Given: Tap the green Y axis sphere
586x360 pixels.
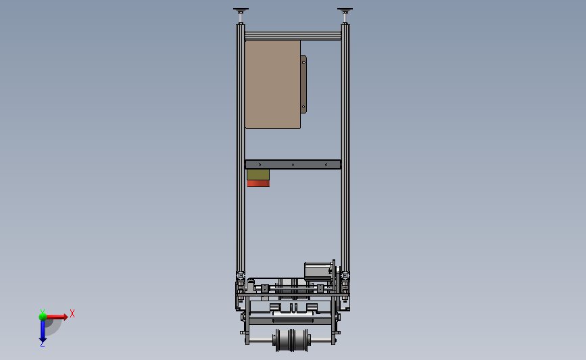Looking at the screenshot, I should click(43, 315).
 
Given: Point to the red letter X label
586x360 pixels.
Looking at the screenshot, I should click(72, 313).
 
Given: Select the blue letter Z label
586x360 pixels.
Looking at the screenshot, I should click(42, 344).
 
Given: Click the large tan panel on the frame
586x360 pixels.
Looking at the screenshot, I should click(272, 84).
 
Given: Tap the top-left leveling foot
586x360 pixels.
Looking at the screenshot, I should click(240, 11).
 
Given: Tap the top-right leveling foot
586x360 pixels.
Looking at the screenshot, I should click(345, 11).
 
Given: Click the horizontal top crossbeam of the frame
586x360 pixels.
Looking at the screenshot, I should click(293, 34).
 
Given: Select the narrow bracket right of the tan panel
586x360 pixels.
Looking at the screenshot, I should click(303, 84).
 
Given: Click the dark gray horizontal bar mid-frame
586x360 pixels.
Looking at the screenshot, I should click(293, 164).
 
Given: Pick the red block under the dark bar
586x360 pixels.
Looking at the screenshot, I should click(258, 184).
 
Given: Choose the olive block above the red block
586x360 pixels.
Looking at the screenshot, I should click(258, 175).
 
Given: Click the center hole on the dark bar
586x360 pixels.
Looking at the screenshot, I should click(293, 164).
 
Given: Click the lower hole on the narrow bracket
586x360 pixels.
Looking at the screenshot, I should click(303, 106).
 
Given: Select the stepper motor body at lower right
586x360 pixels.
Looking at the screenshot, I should click(318, 270).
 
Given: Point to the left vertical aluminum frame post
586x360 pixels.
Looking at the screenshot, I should click(240, 149).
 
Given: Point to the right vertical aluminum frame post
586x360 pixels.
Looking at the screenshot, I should click(345, 149).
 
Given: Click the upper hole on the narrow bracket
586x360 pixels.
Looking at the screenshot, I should click(303, 61).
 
